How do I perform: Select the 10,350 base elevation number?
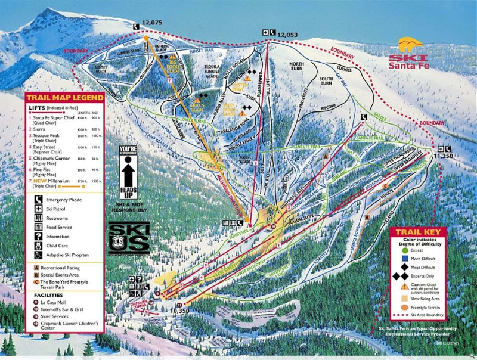click(181, 311)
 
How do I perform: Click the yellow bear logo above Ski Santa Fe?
click(410, 45)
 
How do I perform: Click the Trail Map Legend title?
click(64, 97)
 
